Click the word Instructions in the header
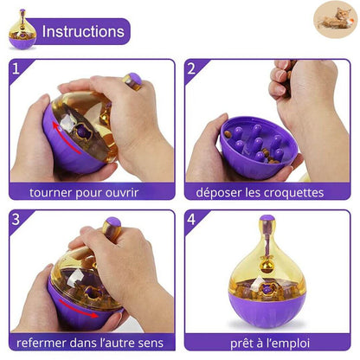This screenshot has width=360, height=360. (x=83, y=31)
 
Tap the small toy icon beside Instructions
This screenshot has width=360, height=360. (x=22, y=29)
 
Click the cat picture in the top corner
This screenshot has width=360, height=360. (x=335, y=20)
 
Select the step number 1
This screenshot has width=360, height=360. (x=16, y=68)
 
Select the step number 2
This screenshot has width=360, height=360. (x=191, y=68)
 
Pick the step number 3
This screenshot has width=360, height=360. (x=16, y=219)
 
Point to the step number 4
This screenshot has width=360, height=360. (x=191, y=219)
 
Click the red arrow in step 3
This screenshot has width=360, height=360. (x=78, y=309)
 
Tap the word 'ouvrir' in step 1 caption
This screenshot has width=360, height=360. (x=122, y=193)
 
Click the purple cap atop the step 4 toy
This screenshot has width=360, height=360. (x=267, y=219)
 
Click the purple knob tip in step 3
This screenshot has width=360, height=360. (x=113, y=222)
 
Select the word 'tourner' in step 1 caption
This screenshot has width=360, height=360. (x=50, y=193)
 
